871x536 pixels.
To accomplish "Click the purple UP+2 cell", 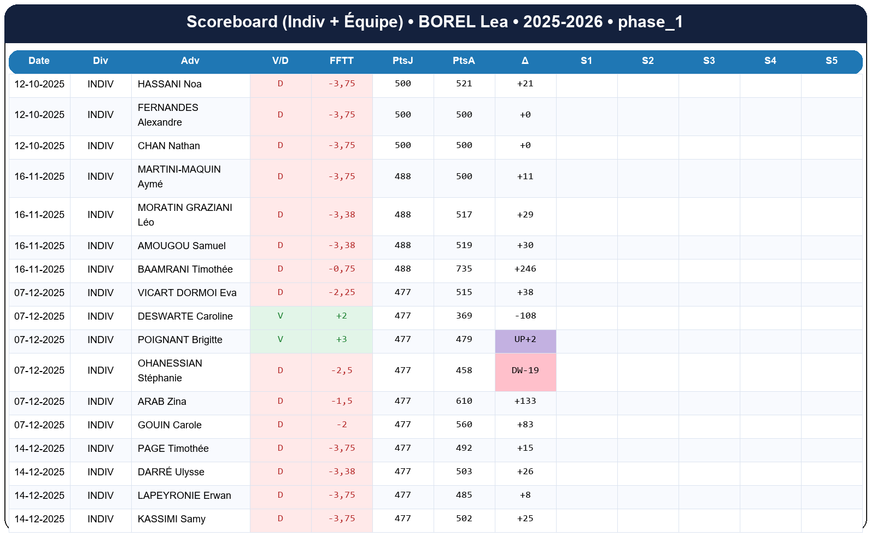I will coord(525,339).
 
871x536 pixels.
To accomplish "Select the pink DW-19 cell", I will coord(525,370).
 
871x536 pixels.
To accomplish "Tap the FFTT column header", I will coord(341,61).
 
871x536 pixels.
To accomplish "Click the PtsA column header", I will coord(464,61).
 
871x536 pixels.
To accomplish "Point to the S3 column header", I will coord(709,61).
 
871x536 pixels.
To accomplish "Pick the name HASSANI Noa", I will coord(169,84).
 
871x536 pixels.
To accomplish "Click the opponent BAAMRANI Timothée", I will coord(185,269).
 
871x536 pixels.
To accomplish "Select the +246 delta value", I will coord(525,269).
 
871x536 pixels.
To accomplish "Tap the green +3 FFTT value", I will coord(341,339).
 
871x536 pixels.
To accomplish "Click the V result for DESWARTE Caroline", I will coord(280,316).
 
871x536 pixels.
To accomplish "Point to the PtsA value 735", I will coord(464,269).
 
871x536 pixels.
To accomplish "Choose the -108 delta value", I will coord(525,316).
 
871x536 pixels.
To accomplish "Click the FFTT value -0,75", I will coord(341,269).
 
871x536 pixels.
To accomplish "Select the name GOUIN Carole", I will coord(169,425).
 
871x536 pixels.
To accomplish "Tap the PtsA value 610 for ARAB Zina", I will coord(464,401).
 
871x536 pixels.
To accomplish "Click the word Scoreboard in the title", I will coord(232,22).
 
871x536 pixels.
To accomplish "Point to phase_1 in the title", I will coord(650,22).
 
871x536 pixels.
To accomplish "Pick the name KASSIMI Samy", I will coord(171,519).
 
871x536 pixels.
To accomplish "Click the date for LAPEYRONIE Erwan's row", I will coord(39,496).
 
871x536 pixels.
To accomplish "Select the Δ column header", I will coord(525,61).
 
